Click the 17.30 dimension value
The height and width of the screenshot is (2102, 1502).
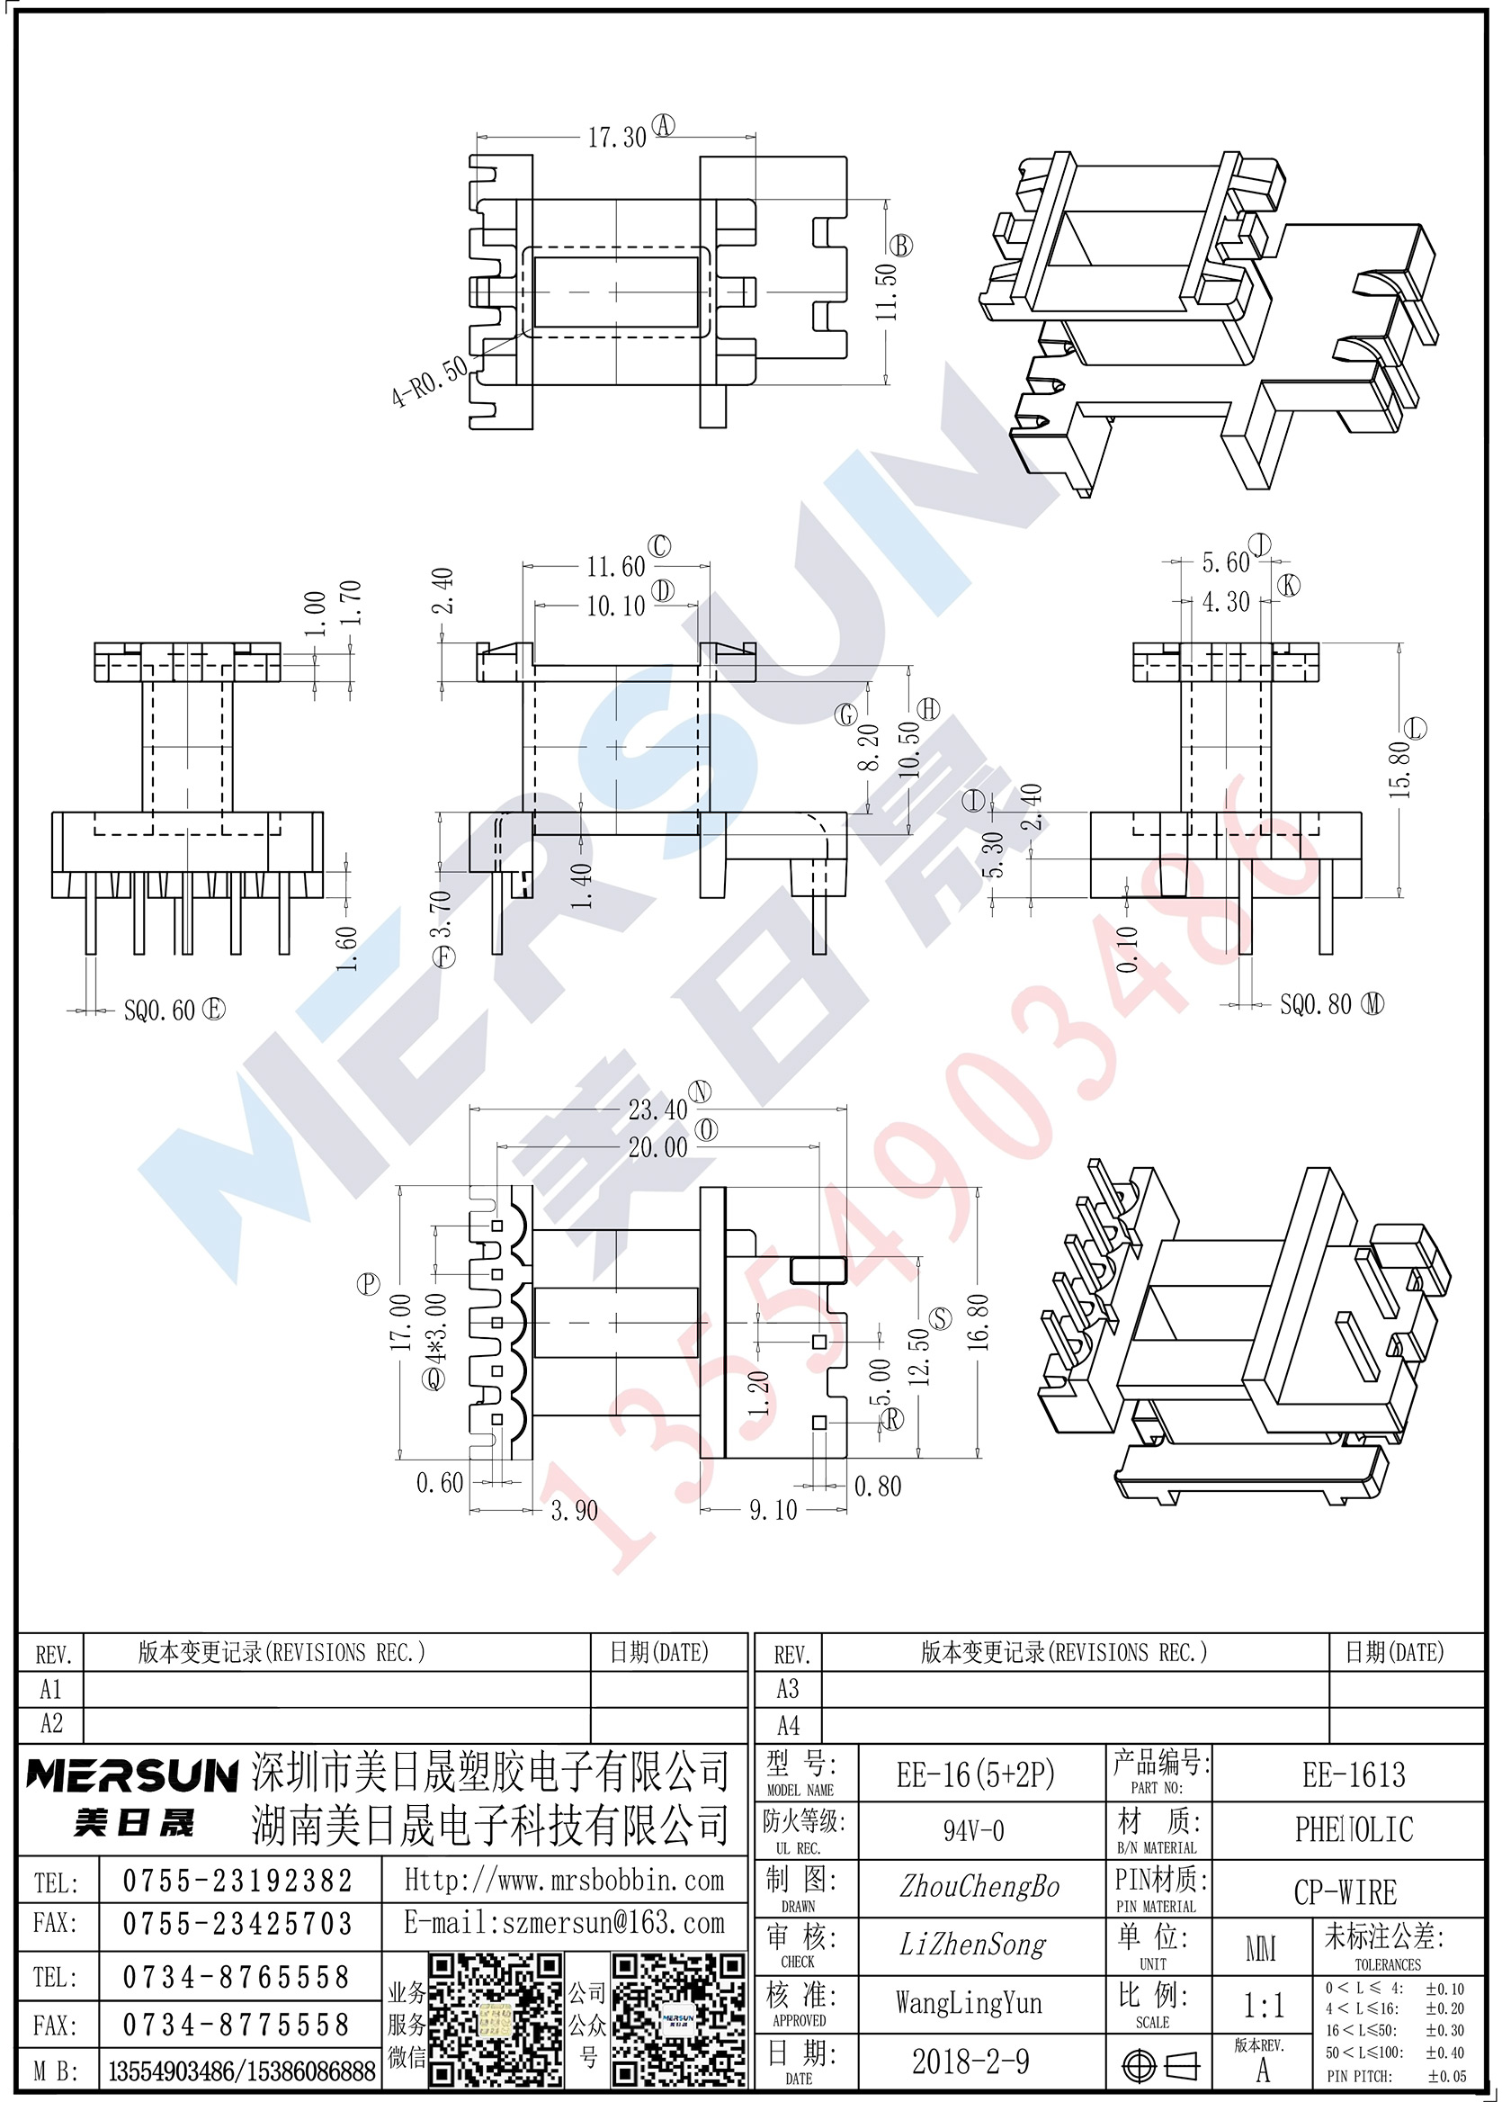(x=617, y=138)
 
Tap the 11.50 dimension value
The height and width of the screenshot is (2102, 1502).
(x=886, y=292)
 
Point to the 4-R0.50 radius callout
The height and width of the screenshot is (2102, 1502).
(x=430, y=382)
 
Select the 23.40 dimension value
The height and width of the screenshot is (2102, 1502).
(x=657, y=1109)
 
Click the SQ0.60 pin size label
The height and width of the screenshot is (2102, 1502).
(x=159, y=1011)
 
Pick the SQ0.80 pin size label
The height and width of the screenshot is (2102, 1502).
(x=1315, y=1005)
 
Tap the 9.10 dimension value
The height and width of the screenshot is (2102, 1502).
(x=773, y=1511)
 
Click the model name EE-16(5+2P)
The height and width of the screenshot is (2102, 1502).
(x=976, y=1774)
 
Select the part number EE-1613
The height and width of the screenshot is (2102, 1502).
(x=1354, y=1774)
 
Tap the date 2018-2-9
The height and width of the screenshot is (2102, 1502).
(x=970, y=2062)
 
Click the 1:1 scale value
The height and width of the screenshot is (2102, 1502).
(x=1264, y=2006)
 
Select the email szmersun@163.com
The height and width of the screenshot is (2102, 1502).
(x=564, y=1924)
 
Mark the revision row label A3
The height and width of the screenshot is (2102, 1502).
(x=788, y=1689)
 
